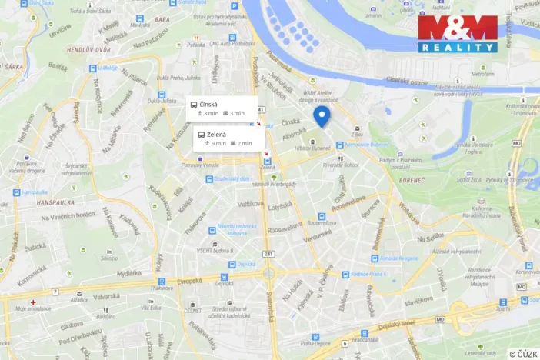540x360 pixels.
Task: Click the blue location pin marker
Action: click(x=322, y=116)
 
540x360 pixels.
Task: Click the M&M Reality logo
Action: click(x=457, y=33)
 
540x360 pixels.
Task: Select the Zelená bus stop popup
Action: click(x=228, y=138)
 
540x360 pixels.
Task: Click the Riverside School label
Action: click(x=340, y=164)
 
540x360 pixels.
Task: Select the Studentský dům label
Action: click(x=233, y=179)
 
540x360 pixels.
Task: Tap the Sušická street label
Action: click(x=35, y=248)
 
